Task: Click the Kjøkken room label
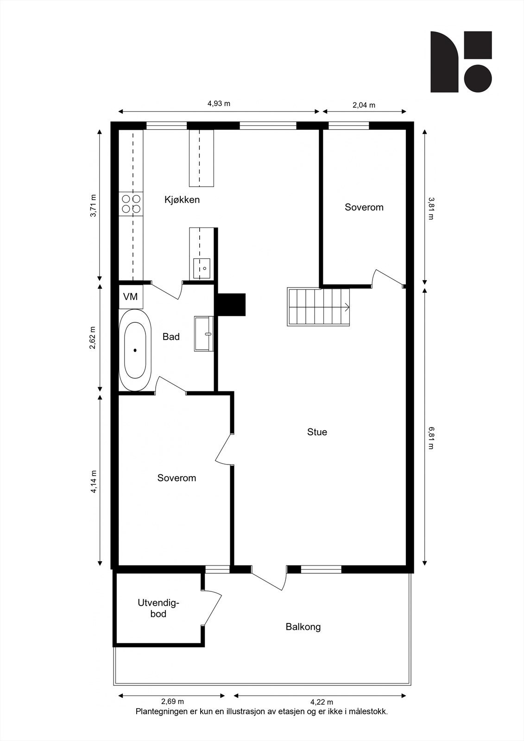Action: [182, 200]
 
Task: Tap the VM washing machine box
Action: [130, 297]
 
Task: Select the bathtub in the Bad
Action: [135, 350]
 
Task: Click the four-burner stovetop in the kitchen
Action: [131, 204]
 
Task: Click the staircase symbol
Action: [318, 307]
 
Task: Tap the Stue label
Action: [317, 432]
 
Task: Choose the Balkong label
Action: [303, 627]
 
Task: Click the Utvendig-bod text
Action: [158, 609]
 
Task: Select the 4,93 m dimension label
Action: [219, 104]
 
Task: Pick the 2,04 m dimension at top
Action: [364, 105]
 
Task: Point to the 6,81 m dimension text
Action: [430, 438]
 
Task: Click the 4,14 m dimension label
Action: [94, 482]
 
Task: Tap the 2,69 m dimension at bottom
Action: [172, 702]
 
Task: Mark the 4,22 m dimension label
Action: [322, 702]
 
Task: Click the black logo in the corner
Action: [461, 62]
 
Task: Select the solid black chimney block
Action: [231, 305]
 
